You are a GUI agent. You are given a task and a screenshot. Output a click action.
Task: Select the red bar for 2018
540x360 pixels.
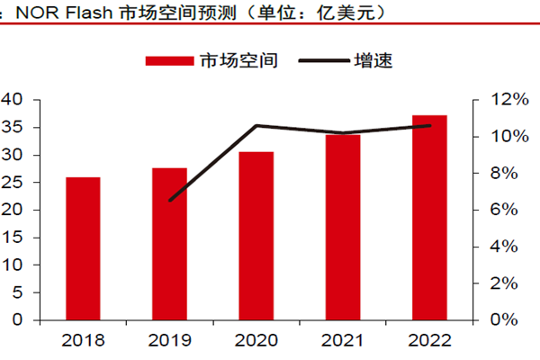pyautogui.click(x=83, y=248)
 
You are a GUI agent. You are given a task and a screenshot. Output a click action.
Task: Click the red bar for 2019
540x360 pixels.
pyautogui.click(x=169, y=244)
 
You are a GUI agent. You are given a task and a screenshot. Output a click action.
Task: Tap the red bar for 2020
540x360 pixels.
pyautogui.click(x=256, y=236)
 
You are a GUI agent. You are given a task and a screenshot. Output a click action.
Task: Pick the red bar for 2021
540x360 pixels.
pyautogui.click(x=343, y=227)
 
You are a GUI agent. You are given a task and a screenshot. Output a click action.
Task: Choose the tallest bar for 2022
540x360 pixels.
pyautogui.click(x=430, y=217)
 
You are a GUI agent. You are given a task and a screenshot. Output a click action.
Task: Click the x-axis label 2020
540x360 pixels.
pyautogui.click(x=256, y=341)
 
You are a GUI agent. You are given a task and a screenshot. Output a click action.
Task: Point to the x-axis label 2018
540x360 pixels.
pyautogui.click(x=83, y=341)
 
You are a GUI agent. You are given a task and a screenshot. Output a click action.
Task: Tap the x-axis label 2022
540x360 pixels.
pyautogui.click(x=430, y=341)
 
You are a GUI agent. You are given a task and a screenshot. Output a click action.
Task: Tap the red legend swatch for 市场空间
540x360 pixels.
pyautogui.click(x=169, y=61)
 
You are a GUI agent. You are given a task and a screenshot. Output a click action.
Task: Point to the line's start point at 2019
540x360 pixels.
pyautogui.click(x=169, y=200)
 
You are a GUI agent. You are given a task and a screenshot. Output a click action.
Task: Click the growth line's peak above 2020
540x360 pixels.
pyautogui.click(x=256, y=125)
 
